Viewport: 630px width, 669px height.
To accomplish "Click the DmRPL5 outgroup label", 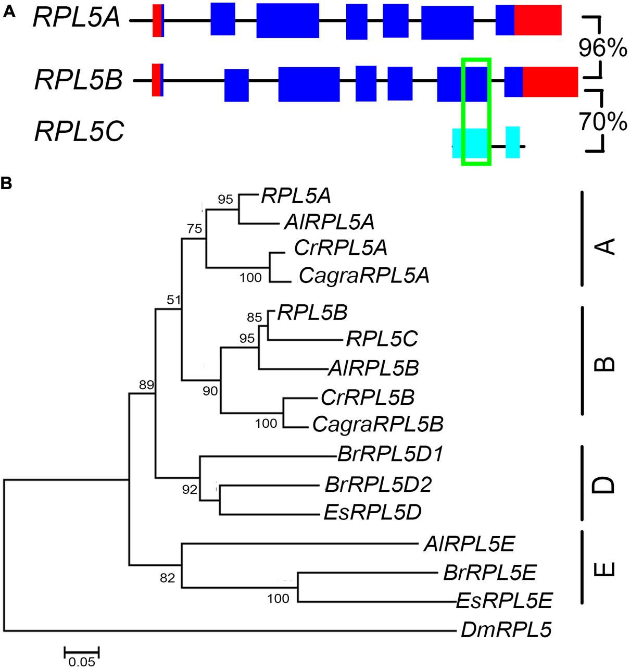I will tap(506, 630).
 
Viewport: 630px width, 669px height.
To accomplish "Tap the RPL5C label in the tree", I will tap(382, 340).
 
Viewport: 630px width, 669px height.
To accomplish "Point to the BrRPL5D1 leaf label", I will tap(390, 454).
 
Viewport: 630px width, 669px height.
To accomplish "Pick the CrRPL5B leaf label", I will tap(368, 398).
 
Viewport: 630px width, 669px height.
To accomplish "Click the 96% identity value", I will tap(603, 48).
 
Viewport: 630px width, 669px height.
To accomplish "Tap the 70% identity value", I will tap(603, 122).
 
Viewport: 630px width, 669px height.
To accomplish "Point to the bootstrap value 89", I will tap(146, 385).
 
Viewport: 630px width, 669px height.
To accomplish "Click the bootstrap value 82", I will tap(167, 578).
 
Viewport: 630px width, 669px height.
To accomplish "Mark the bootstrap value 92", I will tap(190, 489).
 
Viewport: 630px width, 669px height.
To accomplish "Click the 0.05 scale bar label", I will tap(82, 662).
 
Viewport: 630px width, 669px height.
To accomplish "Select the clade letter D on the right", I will tap(604, 484).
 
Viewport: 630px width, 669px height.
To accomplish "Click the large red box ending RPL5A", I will tap(538, 20).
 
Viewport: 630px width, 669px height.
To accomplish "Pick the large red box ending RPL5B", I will tap(550, 81).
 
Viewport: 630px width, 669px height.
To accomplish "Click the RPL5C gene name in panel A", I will tap(79, 131).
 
